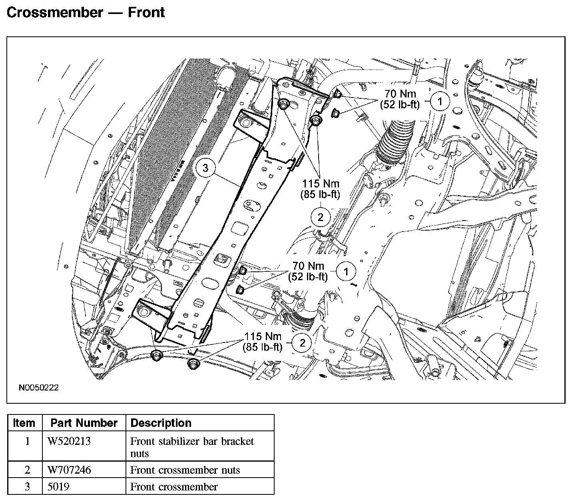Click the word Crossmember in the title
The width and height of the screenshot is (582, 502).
[55, 12]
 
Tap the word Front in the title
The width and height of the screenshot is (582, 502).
[146, 12]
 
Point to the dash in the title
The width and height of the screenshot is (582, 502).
[115, 13]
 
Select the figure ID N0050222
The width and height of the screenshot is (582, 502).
[38, 388]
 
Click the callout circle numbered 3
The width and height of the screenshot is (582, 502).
[205, 168]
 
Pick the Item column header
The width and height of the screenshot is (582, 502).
[24, 423]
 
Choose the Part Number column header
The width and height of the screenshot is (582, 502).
[84, 423]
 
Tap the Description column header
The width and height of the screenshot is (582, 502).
[161, 423]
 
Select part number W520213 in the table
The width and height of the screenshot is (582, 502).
[69, 441]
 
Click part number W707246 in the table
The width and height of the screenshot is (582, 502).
[69, 470]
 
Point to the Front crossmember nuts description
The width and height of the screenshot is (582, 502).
[185, 470]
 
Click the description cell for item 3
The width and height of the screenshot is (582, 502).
[174, 487]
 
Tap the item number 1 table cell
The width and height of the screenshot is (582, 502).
[27, 441]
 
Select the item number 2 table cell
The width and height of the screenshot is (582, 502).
[27, 470]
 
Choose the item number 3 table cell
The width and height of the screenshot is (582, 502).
[27, 487]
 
